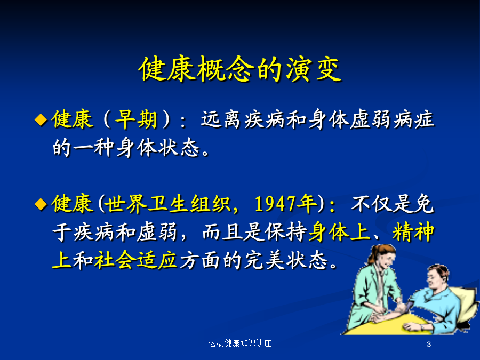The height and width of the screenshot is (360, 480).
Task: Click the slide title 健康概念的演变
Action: point(240,69)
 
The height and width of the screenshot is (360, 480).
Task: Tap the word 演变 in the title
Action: point(314,69)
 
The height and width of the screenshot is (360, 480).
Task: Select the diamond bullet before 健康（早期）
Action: point(41,119)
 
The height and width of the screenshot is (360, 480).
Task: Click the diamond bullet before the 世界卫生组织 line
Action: point(41,204)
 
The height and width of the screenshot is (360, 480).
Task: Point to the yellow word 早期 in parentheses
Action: point(136,119)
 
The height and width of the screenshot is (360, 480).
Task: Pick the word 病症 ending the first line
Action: point(414,119)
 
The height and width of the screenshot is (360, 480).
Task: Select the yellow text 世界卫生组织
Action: point(168,204)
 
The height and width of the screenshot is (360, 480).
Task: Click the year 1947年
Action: point(286,204)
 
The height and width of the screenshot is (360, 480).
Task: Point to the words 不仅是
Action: point(382,204)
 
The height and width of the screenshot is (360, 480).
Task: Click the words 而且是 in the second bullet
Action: point(233,232)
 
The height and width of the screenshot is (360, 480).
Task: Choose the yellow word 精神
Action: point(413,232)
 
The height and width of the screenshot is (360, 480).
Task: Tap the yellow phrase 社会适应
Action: point(135,260)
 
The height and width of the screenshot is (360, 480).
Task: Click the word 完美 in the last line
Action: point(265,260)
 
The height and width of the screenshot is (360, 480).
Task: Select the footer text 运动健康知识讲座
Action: point(240,343)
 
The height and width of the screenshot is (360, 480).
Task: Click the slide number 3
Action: point(429,345)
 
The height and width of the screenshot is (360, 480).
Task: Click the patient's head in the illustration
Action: point(437,276)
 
